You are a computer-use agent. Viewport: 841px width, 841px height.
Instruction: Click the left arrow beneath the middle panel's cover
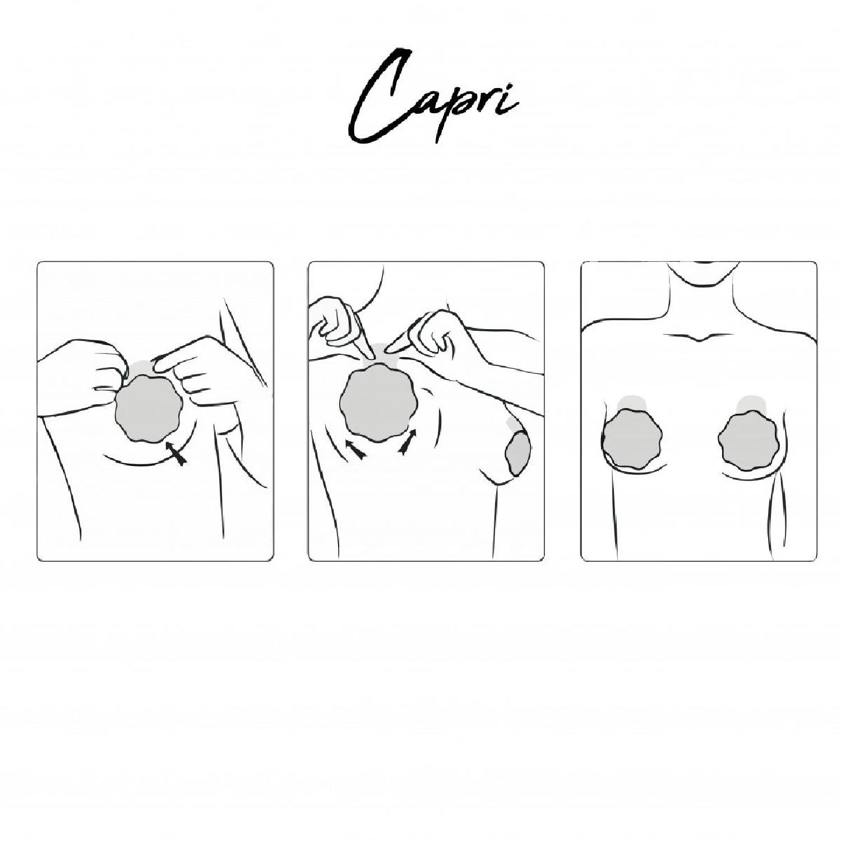click(354, 448)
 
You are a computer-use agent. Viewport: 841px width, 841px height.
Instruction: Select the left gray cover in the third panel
click(632, 438)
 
